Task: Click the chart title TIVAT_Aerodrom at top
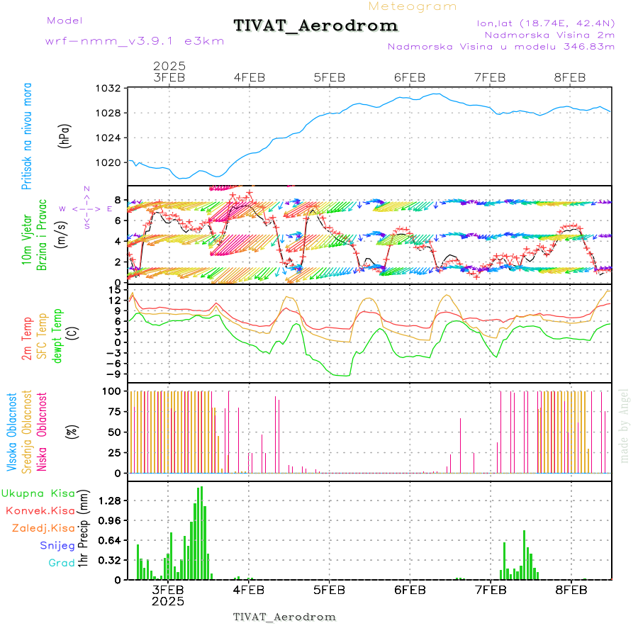tap(315, 26)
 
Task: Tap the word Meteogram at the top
tap(413, 6)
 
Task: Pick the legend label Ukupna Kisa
tap(38, 493)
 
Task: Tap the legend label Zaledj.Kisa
tap(43, 528)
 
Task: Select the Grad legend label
tap(61, 563)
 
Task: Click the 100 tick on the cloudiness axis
tap(113, 391)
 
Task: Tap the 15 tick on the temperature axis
tap(116, 290)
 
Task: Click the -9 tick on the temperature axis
tap(113, 374)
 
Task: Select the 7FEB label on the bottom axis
tap(490, 589)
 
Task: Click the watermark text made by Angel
tap(625, 425)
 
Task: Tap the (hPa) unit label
tap(65, 136)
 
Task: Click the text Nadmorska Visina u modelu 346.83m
tap(500, 47)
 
